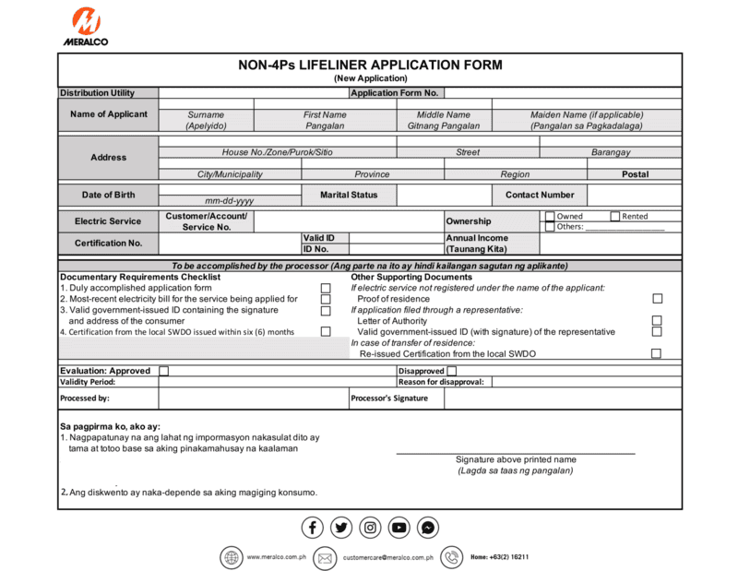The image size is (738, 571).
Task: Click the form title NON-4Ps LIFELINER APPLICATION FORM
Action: click(x=370, y=65)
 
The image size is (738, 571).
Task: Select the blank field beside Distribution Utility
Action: click(x=253, y=93)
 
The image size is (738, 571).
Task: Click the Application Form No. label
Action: click(x=395, y=93)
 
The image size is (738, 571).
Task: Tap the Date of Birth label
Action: click(x=108, y=195)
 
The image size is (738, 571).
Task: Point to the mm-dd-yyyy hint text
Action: click(x=230, y=200)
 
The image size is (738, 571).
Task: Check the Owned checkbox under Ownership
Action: click(x=550, y=217)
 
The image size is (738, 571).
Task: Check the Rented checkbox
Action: click(x=615, y=217)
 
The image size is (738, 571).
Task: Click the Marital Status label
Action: click(x=349, y=195)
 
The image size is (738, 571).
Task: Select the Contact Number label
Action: click(x=540, y=195)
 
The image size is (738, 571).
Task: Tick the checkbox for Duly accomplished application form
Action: click(x=326, y=289)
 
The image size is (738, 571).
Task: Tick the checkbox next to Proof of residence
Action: click(x=657, y=299)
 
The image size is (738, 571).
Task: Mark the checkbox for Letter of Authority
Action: click(x=657, y=321)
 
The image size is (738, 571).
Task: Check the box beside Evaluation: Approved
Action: click(x=164, y=371)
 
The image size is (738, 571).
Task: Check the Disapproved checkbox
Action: click(x=451, y=371)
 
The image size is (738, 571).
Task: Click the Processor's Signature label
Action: click(x=389, y=399)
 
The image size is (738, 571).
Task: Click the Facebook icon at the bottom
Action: click(x=313, y=528)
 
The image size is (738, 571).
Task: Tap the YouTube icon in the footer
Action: click(x=399, y=528)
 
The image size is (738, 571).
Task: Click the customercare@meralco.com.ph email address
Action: click(x=387, y=558)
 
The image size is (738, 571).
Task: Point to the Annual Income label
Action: click(x=477, y=238)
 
